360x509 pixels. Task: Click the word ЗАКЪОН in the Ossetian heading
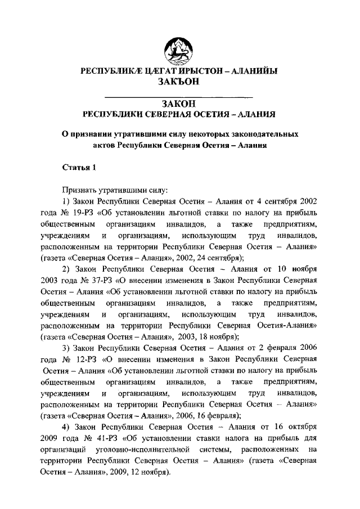(x=179, y=82)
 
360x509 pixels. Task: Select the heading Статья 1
(x=75, y=167)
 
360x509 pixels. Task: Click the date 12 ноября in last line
(x=148, y=473)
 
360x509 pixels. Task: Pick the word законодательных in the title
(x=258, y=134)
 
